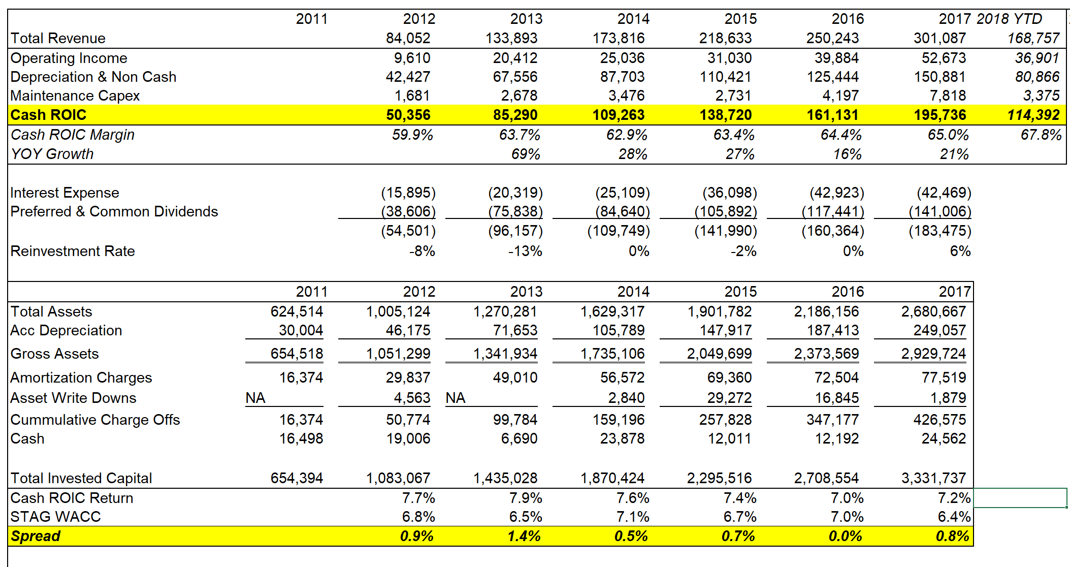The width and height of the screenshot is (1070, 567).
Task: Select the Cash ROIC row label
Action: coord(48,115)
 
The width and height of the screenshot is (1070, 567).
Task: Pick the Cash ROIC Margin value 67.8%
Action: coord(1041,135)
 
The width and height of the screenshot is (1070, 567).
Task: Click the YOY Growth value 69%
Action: coord(526,154)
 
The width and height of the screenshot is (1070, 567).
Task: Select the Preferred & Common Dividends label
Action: coord(114,211)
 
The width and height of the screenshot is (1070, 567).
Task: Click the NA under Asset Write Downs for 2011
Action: coord(255,398)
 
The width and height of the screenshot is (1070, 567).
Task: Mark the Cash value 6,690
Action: coord(518,438)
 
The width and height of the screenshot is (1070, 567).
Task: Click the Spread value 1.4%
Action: coord(524,536)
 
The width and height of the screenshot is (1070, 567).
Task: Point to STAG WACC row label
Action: coord(55,517)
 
